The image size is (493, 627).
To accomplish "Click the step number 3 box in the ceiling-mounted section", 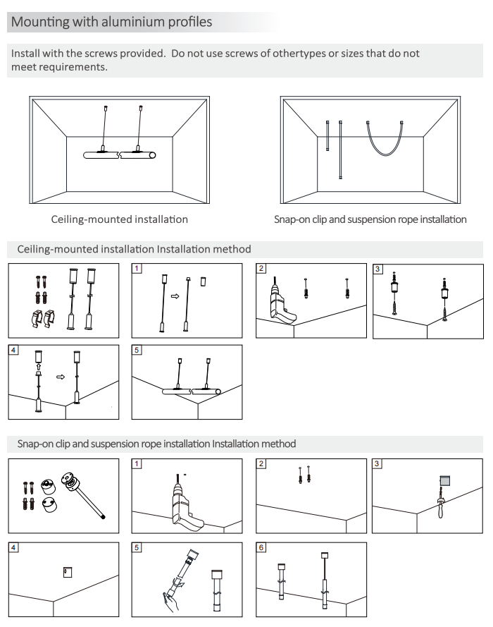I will tap(377, 269).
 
